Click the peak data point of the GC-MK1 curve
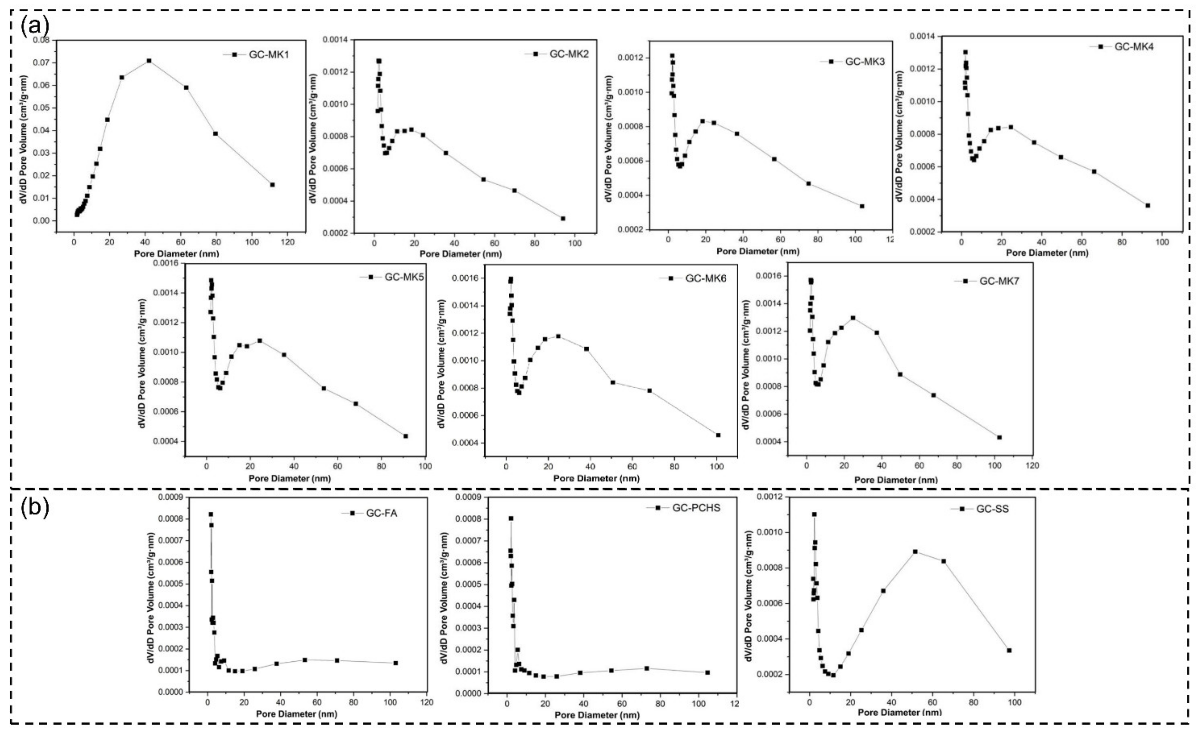(x=149, y=61)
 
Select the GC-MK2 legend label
(x=569, y=54)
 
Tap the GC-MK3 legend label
(x=865, y=62)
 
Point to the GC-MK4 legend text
(x=1134, y=47)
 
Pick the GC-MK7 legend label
(x=999, y=281)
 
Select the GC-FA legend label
(x=381, y=513)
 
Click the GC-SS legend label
(x=993, y=509)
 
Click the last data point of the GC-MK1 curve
(x=272, y=184)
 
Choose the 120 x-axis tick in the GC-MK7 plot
(x=1032, y=465)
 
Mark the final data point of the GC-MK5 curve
(x=405, y=436)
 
